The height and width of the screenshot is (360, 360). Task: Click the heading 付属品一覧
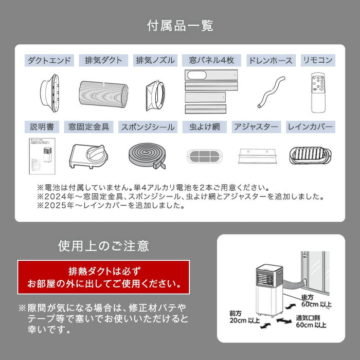pos(180,25)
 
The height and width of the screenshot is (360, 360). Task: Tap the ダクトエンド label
pos(50,60)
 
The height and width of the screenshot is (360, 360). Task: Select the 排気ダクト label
pos(103,60)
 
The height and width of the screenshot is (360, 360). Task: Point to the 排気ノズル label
pos(155,60)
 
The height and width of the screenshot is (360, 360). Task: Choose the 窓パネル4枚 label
pos(211,60)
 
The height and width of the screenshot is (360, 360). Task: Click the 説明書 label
pos(42,126)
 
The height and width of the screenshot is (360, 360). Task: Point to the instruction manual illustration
pos(42,157)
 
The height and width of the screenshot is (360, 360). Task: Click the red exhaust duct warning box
pos(103,277)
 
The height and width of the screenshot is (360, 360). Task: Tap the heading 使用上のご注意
pos(103,246)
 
